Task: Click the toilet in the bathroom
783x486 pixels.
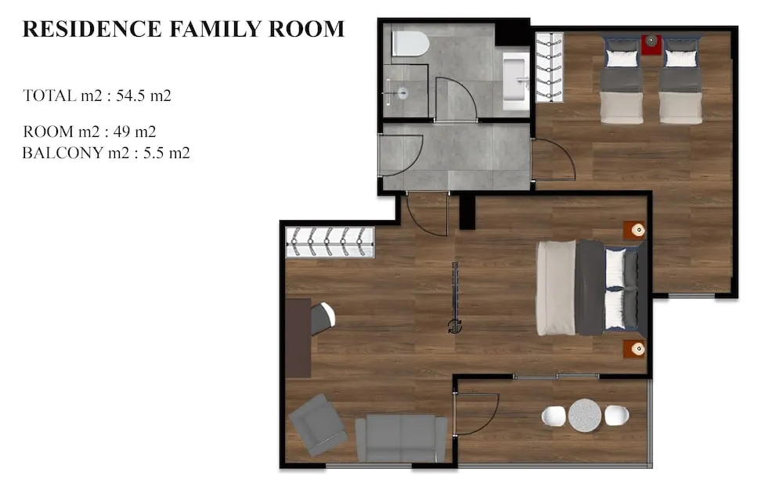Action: coord(410,43)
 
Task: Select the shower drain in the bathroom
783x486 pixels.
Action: coord(402,92)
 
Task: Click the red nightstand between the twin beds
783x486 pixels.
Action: coord(651,44)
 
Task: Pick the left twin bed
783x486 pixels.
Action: coord(622,80)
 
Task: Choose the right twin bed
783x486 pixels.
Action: coord(680,80)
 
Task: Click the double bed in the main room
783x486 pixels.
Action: coord(591,287)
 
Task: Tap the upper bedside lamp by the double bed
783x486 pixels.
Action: coord(637,230)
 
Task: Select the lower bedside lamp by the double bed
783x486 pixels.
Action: coord(637,348)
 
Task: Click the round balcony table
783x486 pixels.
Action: coord(584,415)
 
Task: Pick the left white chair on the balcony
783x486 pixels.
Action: coord(554,416)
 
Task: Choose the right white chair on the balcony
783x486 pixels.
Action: coord(615,416)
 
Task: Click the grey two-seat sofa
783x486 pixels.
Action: coord(401,437)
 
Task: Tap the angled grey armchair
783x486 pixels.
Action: coord(317,425)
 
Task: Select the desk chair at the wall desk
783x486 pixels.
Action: coord(323,318)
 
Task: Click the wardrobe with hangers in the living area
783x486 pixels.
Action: coord(330,242)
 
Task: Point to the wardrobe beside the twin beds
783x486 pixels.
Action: coord(549,67)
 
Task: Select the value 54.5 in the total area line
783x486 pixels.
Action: coord(132,96)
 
